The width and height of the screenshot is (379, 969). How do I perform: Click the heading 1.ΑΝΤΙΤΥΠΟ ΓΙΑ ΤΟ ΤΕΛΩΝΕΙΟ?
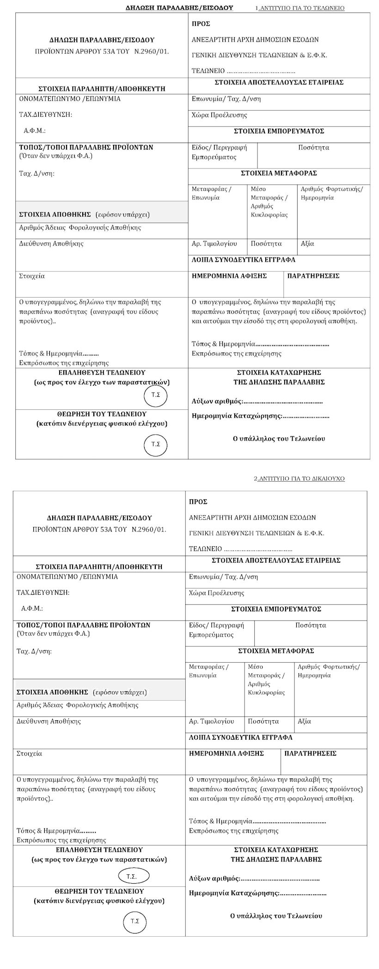pos(300,8)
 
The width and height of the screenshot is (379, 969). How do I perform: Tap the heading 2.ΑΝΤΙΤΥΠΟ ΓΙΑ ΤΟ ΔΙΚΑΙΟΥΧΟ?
pos(300,479)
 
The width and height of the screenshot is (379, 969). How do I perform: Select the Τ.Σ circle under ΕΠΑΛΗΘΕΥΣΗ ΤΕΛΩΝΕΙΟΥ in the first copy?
pos(156,395)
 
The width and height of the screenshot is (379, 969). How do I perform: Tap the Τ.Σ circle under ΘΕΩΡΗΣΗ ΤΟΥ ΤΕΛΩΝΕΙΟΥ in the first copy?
pos(156,444)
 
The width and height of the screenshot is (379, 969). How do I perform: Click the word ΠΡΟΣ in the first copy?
pos(201,24)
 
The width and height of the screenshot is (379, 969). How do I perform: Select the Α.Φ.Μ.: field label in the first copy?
pos(35,131)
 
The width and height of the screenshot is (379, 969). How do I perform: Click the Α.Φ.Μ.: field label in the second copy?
pos(32,609)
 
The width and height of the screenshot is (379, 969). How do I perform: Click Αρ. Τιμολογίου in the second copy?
pos(212,721)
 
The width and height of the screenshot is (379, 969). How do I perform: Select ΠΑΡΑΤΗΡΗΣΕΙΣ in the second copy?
pos(310,754)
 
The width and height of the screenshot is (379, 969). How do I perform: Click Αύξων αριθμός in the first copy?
pos(217,401)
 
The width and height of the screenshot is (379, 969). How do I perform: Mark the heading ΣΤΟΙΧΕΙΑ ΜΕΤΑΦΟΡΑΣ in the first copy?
pos(279,173)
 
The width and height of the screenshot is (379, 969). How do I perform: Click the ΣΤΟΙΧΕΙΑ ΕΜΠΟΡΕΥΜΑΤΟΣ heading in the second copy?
pos(276,609)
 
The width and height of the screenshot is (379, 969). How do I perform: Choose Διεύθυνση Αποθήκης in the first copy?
pos(51,244)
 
